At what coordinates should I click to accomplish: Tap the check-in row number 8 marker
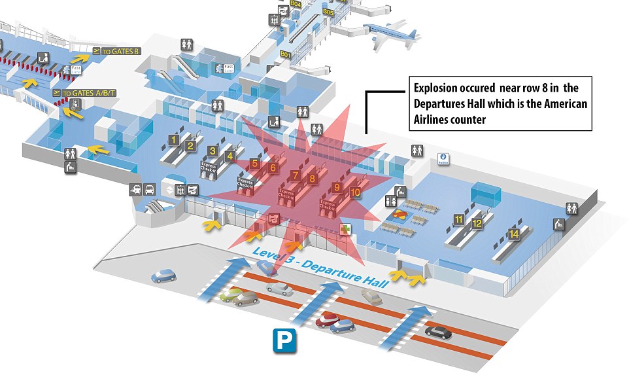coord(313,177)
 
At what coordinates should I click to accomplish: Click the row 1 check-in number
coord(173,139)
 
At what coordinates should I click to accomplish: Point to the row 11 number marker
coord(460,219)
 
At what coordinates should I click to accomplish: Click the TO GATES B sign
coord(117,50)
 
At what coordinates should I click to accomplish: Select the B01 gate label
coord(285,54)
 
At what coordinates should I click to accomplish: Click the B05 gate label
coord(328,12)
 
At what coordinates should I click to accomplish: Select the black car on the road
coord(438,332)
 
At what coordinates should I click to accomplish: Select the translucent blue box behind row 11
coord(487,194)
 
